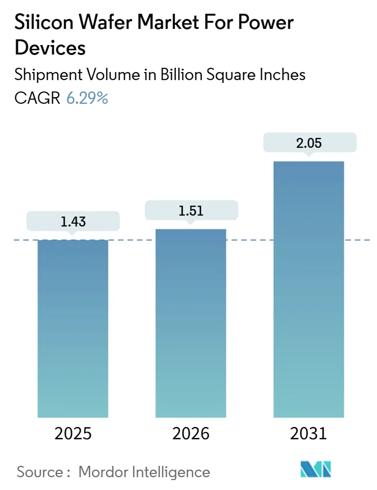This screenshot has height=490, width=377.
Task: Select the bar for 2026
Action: (191, 323)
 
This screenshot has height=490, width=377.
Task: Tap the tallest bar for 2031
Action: (308, 289)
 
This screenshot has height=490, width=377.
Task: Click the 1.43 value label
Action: (73, 221)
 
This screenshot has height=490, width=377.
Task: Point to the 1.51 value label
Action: (191, 210)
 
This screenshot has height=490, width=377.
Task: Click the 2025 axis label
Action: (73, 433)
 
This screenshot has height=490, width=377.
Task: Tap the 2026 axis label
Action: (191, 433)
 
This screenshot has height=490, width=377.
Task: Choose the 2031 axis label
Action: (308, 433)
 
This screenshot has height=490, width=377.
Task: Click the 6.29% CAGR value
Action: (87, 98)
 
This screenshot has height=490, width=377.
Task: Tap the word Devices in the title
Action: (50, 48)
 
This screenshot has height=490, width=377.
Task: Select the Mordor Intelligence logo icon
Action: (316, 469)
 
